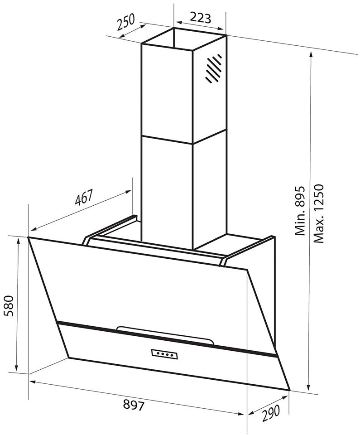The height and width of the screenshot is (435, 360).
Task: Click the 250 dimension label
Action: coord(125,21)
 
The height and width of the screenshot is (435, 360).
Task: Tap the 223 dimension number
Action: coord(200,18)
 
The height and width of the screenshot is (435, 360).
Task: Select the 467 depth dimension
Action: coord(83,197)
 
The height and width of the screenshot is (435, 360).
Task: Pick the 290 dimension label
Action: coord(270,413)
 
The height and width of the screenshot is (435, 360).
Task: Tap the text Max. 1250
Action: coord(319,213)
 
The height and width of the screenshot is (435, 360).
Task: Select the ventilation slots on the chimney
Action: coord(213,68)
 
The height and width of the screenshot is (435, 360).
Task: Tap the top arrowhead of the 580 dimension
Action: coord(18,241)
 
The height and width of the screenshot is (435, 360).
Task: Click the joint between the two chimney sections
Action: coord(184,136)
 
